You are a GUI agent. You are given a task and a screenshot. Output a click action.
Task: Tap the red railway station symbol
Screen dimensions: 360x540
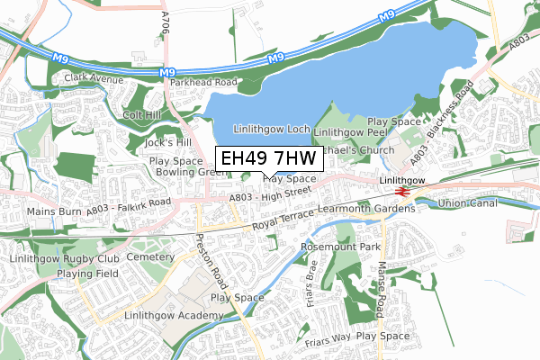(x=402, y=191)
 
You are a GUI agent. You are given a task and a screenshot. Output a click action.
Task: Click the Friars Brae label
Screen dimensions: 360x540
(x=312, y=281)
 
